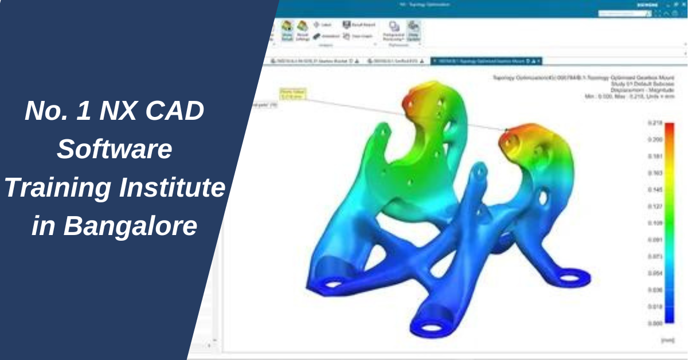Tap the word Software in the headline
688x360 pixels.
[115, 150]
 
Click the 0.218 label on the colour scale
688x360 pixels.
[655, 123]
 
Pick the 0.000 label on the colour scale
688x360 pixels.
[655, 323]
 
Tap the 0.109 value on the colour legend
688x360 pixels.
[655, 223]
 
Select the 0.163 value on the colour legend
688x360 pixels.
[655, 173]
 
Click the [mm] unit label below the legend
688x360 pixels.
[667, 340]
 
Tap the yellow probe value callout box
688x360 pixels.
[293, 93]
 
